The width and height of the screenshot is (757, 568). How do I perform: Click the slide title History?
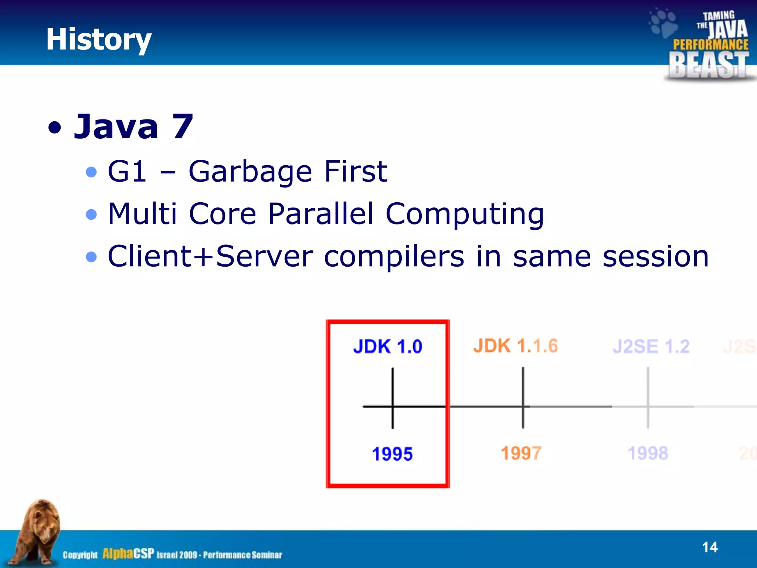click(x=98, y=40)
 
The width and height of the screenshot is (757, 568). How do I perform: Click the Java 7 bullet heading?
click(x=133, y=127)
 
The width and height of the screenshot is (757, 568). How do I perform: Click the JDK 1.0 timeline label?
click(x=387, y=346)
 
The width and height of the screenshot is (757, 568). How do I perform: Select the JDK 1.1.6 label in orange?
click(x=515, y=346)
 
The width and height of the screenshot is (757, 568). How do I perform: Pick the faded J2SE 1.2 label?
click(x=651, y=346)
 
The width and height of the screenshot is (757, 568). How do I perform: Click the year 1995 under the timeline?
click(x=392, y=454)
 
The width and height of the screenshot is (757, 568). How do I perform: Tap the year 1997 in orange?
click(x=521, y=453)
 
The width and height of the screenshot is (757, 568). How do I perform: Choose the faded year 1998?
click(x=648, y=453)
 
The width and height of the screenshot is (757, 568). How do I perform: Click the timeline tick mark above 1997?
click(x=523, y=398)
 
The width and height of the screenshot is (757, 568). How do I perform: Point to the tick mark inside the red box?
click(x=393, y=399)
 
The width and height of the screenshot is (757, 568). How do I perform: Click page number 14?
click(x=709, y=547)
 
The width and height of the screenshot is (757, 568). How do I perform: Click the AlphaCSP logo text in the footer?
click(x=128, y=554)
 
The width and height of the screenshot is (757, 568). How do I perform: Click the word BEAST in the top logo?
click(x=708, y=65)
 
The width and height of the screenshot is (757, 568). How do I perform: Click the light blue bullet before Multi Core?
click(x=91, y=214)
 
